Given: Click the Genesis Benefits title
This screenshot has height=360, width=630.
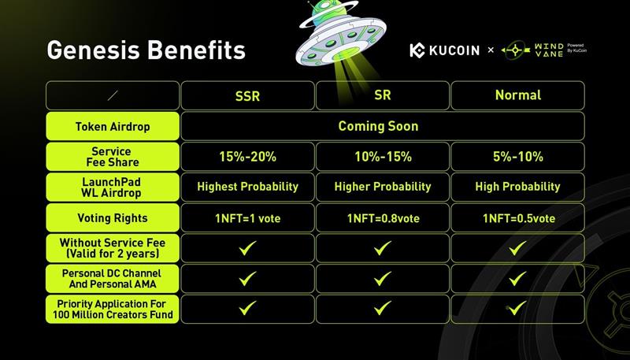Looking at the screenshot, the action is [146, 50].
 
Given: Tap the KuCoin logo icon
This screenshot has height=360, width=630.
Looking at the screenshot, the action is [417, 50].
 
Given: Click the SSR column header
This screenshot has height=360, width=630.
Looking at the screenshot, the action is [247, 96].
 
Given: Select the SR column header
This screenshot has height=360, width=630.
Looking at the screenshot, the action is [382, 95].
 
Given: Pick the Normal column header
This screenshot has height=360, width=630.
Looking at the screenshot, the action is [518, 95].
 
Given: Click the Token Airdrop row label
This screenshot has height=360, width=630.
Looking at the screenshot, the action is [113, 127].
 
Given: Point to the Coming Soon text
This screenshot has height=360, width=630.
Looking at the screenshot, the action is [378, 126].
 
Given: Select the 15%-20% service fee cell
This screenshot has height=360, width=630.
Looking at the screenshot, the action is [247, 157].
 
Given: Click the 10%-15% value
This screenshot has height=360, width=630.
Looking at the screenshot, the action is [383, 157].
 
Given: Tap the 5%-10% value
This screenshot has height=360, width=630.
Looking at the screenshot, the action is [518, 157].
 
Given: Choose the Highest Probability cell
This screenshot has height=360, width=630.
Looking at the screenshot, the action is [247, 187].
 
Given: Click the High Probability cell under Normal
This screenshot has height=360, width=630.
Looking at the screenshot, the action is [517, 187].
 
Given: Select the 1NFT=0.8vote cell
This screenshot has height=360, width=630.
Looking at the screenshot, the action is [384, 218].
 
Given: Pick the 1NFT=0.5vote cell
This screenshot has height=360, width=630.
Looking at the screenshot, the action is [519, 218].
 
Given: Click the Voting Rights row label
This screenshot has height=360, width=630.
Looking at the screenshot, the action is [113, 218].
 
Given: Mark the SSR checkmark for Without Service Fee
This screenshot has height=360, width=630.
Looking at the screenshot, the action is [247, 248].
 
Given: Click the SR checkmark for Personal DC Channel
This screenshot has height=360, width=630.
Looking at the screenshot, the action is [383, 278].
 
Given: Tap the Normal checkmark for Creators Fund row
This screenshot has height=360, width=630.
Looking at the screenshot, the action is [517, 309].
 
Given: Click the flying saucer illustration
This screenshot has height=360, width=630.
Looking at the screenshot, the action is [341, 33].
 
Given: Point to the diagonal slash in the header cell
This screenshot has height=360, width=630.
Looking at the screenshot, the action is [113, 95].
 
